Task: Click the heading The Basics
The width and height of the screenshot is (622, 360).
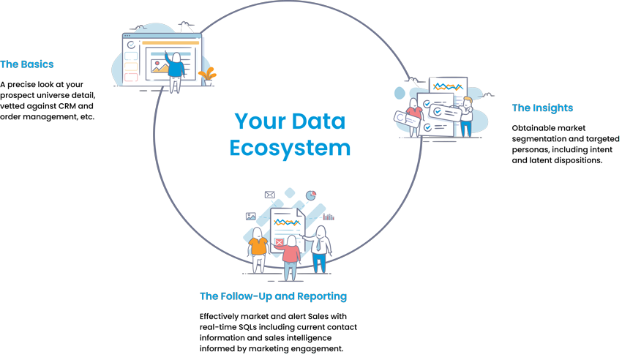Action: point(26,64)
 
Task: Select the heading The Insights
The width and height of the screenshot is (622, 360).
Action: point(542,108)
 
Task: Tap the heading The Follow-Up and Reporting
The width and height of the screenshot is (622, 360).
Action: point(273,296)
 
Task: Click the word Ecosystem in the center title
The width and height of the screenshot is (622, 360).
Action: point(290,149)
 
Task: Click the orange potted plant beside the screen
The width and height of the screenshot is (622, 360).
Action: point(208,76)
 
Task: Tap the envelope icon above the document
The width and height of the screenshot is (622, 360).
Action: point(270,195)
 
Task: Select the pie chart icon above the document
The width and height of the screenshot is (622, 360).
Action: point(311,195)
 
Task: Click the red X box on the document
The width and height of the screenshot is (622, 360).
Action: point(280,242)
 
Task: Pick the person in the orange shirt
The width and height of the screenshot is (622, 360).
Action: point(258,250)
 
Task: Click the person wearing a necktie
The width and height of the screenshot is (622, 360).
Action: point(320,250)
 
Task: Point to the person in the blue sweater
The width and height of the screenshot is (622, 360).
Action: point(175,72)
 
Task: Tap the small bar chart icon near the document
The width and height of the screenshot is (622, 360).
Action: point(329,217)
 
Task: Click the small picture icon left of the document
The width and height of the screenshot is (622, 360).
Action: point(251,216)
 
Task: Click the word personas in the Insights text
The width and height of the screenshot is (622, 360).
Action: point(531,150)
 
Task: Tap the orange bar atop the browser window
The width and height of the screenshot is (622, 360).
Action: point(171,43)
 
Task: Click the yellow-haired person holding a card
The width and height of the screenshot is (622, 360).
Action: point(467,117)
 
